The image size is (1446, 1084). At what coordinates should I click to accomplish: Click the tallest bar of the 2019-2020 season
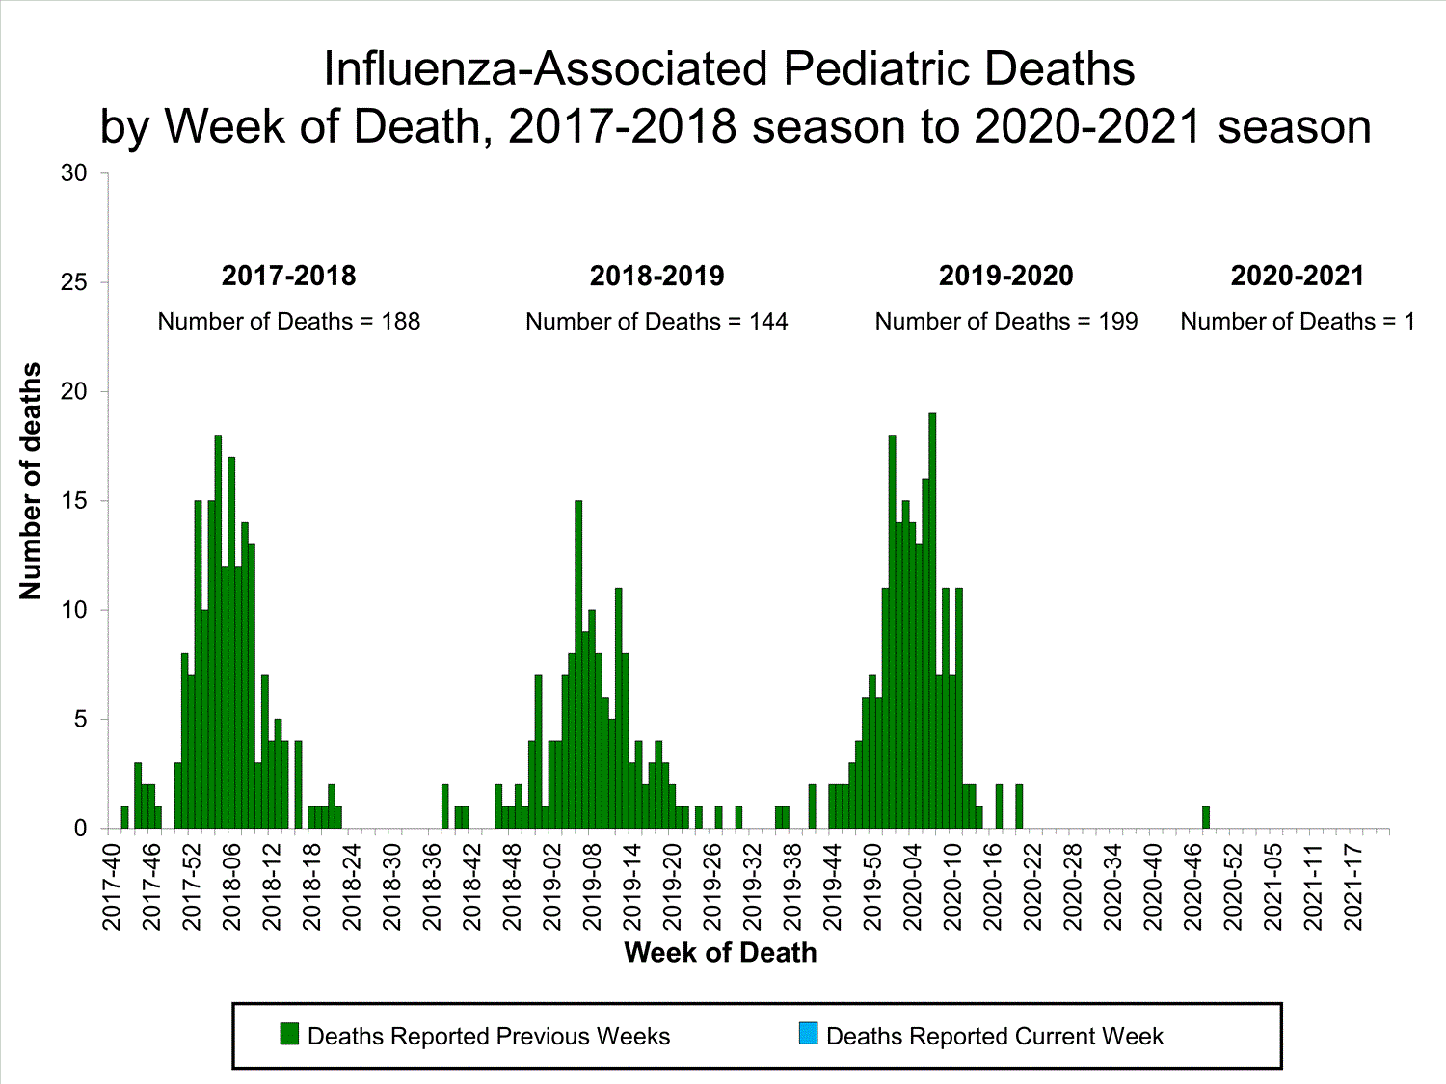(x=932, y=621)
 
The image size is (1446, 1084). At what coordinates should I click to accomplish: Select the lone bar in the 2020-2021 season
(x=1206, y=817)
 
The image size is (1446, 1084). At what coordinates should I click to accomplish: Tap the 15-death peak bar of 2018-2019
(x=578, y=665)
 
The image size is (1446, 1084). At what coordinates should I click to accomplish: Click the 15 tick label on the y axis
(x=74, y=501)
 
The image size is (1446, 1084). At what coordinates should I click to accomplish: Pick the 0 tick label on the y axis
(x=80, y=829)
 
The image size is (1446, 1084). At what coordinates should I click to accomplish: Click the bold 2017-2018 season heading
(x=289, y=276)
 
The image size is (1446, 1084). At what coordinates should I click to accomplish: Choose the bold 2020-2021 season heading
(x=1298, y=276)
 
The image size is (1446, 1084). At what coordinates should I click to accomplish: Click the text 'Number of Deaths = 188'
(x=289, y=322)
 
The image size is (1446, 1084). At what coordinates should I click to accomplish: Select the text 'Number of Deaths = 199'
(x=1006, y=322)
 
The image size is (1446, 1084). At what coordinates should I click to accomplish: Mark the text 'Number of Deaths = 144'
(x=656, y=322)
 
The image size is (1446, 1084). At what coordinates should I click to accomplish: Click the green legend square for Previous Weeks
(x=289, y=1035)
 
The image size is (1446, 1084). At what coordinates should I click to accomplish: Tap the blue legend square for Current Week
(x=808, y=1035)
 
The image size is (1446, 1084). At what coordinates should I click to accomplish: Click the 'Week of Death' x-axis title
(x=720, y=953)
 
